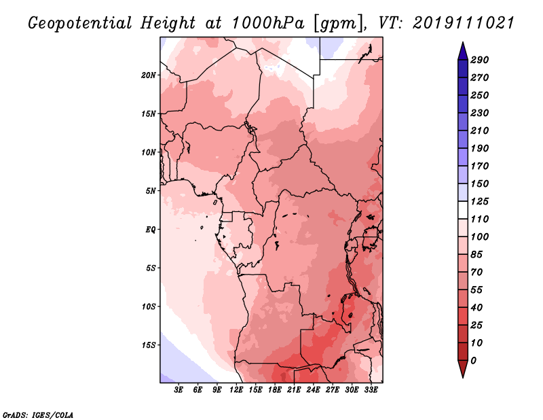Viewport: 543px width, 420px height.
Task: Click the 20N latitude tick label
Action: click(x=149, y=75)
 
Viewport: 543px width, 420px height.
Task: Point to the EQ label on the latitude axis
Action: click(x=151, y=229)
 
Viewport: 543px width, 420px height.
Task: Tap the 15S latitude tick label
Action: click(x=149, y=345)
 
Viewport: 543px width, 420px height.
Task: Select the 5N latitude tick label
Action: click(x=151, y=190)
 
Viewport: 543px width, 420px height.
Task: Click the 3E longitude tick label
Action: click(x=179, y=389)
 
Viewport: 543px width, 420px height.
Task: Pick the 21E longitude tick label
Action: click(x=294, y=389)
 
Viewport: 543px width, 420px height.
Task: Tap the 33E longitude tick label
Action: click(x=371, y=389)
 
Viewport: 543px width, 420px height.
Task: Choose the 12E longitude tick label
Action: click(x=236, y=389)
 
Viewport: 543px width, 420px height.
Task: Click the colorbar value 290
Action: click(x=480, y=60)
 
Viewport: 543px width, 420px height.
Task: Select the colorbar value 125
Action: click(x=480, y=201)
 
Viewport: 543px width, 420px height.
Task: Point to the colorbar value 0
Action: click(x=473, y=360)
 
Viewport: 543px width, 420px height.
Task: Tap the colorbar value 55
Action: click(x=476, y=290)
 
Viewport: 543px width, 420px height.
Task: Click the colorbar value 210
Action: click(x=480, y=130)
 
